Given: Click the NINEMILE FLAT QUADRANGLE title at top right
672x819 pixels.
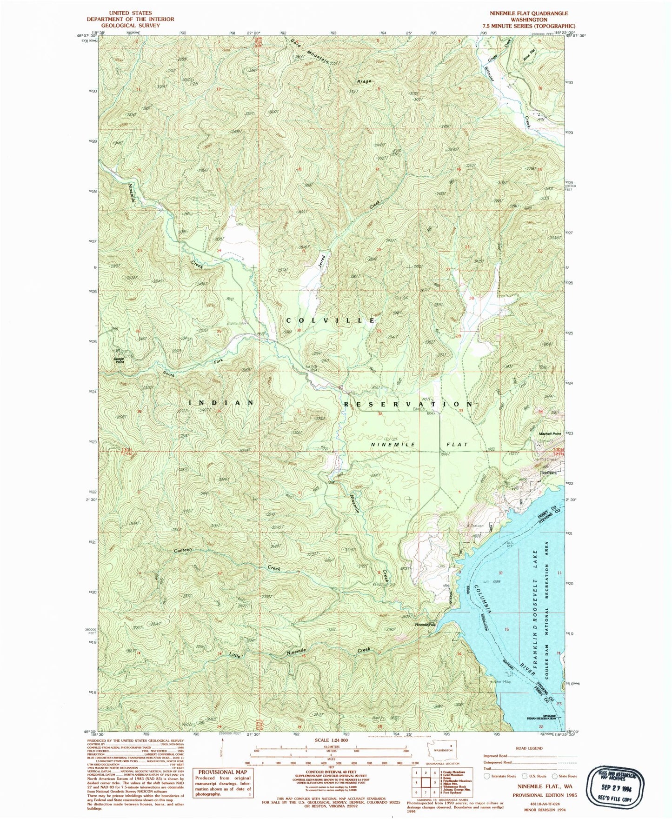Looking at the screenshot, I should point(529,13).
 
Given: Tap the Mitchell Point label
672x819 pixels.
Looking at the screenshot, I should point(550,433).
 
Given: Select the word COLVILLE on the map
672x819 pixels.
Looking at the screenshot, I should point(330,320).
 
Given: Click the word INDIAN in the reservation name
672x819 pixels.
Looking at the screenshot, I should point(221,402).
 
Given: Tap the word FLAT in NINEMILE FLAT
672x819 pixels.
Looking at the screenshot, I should point(457,445).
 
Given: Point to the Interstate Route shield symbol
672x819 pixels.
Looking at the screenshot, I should point(487,776).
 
